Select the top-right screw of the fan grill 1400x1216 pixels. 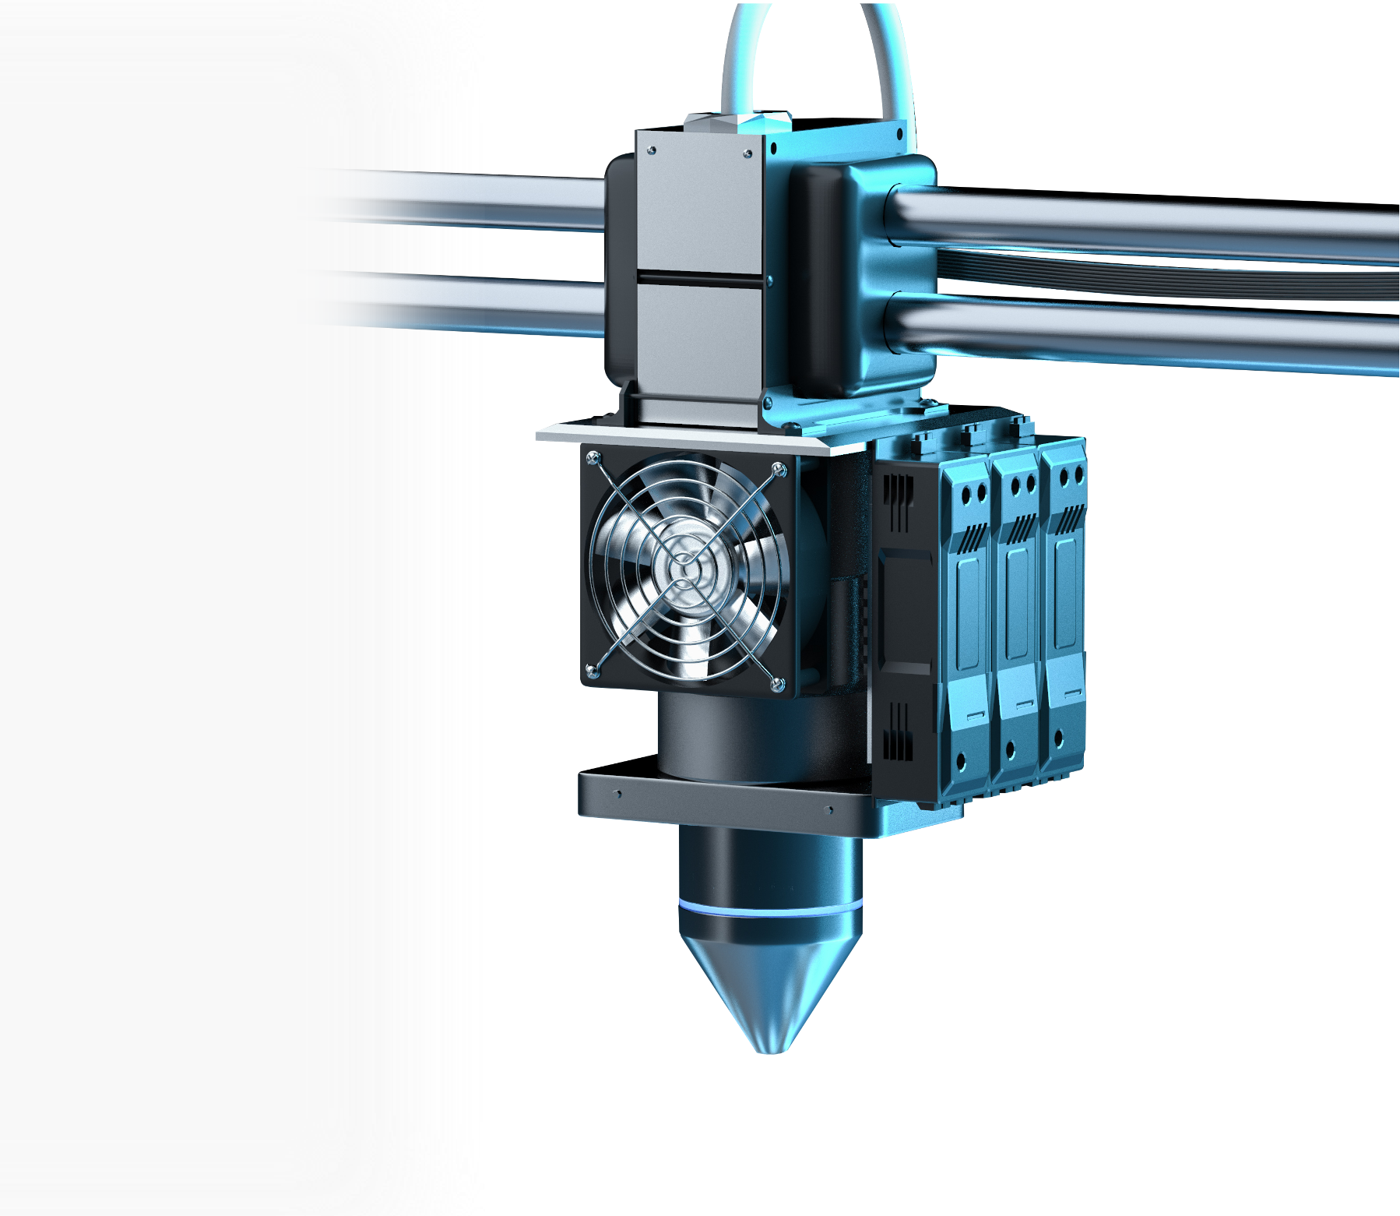pyautogui.click(x=778, y=469)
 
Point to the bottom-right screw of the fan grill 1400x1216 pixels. pyautogui.click(x=777, y=684)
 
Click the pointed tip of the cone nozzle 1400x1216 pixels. pyautogui.click(x=772, y=1048)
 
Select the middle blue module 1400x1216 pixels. pyautogui.click(x=1015, y=608)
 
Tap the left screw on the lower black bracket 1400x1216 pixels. pyautogui.click(x=617, y=795)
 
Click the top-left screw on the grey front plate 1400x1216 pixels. pyautogui.click(x=653, y=150)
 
